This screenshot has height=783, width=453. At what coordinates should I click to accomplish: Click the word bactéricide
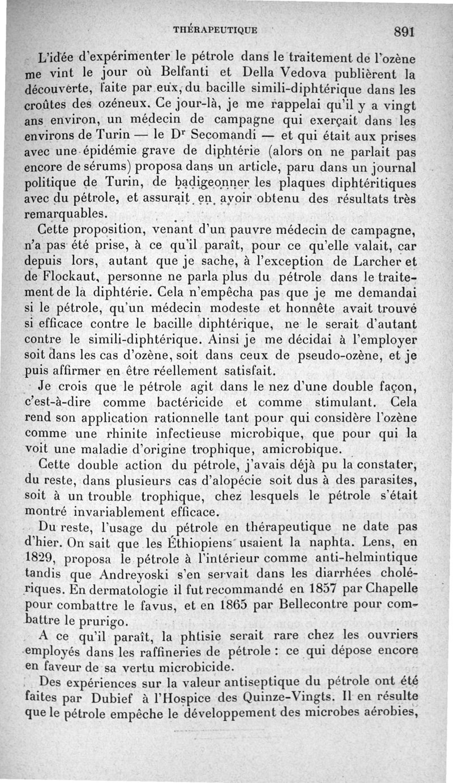coord(189,403)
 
